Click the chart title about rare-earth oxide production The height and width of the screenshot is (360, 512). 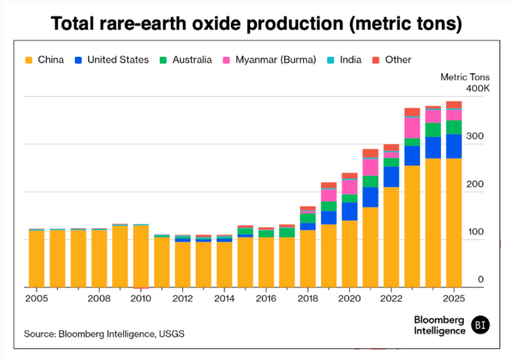256,23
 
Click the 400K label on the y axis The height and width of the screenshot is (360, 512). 477,89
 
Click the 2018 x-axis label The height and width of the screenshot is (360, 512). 308,298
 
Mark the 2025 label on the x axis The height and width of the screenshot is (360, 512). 453,298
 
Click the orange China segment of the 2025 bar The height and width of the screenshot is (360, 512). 454,222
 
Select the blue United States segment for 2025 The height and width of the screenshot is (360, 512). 454,146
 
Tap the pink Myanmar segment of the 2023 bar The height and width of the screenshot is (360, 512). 412,128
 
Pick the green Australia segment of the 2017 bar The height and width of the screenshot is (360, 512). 287,232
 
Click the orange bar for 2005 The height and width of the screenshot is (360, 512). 36,259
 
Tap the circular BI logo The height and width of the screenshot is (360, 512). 481,324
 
